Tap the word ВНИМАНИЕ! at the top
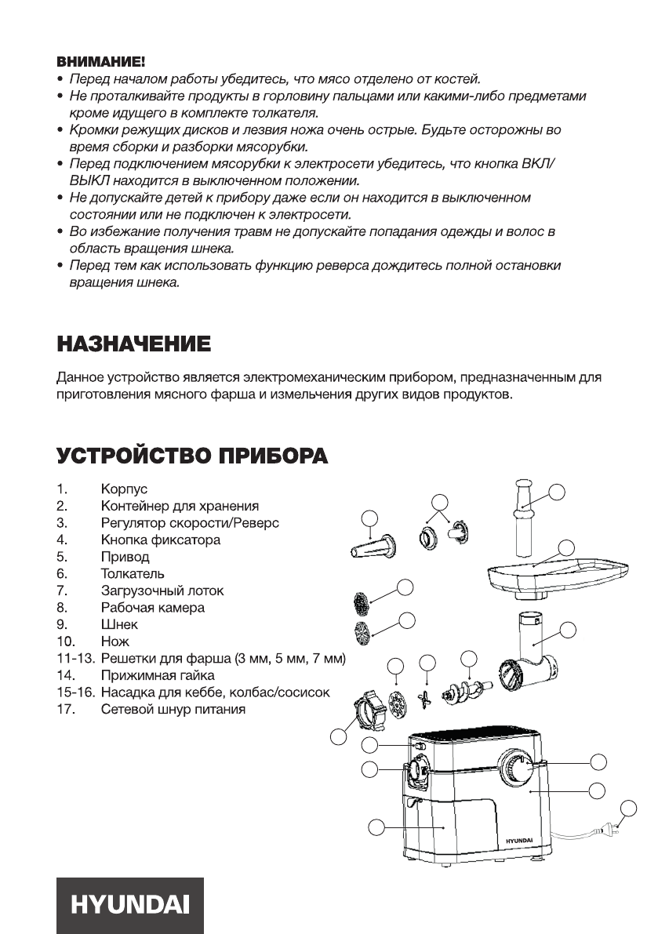100,60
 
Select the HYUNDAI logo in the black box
130,905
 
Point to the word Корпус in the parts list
124,489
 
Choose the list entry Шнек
119,624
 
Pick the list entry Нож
115,641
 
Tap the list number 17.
64,709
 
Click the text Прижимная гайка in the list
158,675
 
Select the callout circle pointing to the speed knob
598,761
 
